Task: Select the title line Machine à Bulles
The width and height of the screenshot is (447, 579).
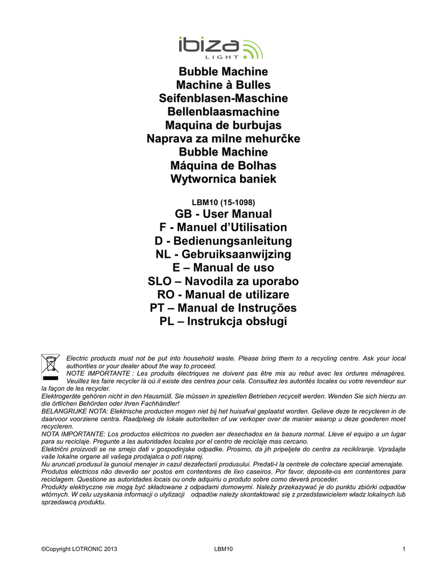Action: point(223,85)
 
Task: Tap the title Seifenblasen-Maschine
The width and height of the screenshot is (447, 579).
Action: point(223,98)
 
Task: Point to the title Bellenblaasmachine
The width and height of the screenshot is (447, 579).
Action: point(223,111)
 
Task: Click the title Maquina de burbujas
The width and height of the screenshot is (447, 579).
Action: point(223,125)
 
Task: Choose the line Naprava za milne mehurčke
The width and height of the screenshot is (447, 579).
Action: point(223,139)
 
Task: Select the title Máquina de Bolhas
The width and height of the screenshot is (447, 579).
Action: point(223,166)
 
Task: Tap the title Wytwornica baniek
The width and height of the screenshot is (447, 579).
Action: point(223,179)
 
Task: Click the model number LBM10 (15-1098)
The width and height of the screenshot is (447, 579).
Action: point(223,201)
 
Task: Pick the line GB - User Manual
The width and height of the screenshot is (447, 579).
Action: point(223,214)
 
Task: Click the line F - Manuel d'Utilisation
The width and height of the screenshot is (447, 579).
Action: point(223,227)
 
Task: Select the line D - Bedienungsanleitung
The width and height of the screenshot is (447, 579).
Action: point(223,241)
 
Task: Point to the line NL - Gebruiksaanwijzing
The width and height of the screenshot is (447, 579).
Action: point(223,254)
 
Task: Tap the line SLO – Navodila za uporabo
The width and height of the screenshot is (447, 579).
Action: point(223,282)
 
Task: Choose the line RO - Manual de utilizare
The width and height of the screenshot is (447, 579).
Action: point(223,295)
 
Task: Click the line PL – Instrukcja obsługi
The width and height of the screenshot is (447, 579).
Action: point(223,322)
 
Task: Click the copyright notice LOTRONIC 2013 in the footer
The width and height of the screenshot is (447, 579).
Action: point(80,548)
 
